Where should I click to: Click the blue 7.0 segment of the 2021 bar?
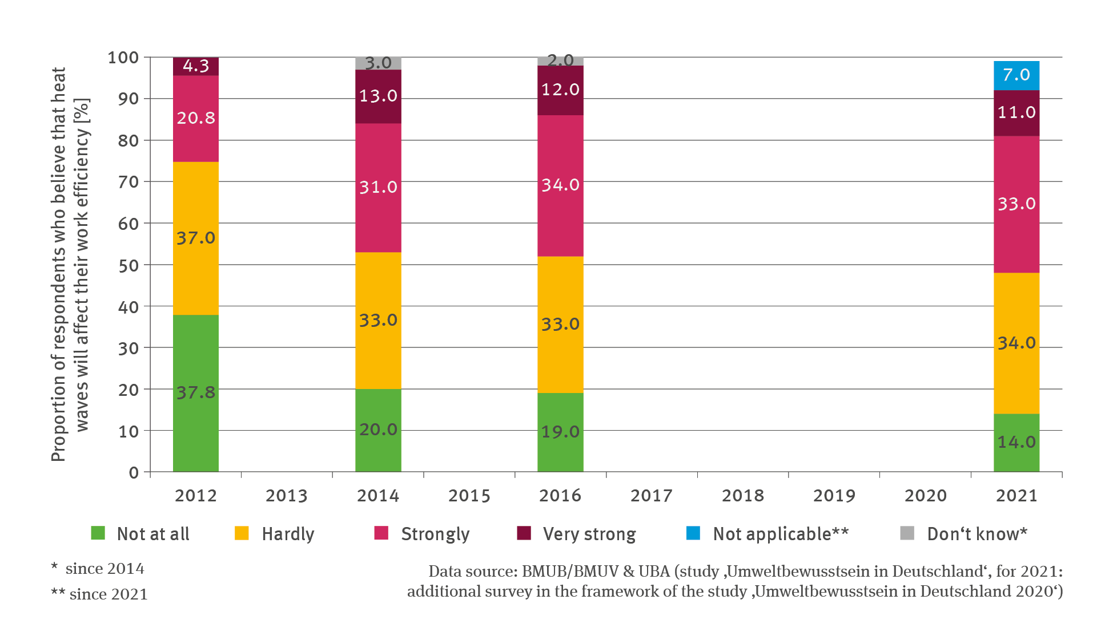[x=1016, y=75]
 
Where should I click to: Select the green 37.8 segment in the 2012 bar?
[x=195, y=392]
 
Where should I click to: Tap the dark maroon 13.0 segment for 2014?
[x=378, y=96]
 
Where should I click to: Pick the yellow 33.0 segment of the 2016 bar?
[x=560, y=324]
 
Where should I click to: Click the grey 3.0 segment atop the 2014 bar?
[x=378, y=63]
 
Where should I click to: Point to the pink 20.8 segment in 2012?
[x=195, y=118]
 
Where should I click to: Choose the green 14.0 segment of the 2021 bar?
[x=1016, y=442]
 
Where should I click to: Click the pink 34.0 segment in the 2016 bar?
[x=560, y=185]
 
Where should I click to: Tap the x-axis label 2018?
[x=742, y=496]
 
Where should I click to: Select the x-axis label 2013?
[x=287, y=496]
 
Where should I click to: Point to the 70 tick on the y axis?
[x=128, y=182]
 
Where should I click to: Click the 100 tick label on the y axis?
[x=123, y=58]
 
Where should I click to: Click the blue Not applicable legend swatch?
[x=693, y=533]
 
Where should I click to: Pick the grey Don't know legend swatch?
[x=907, y=533]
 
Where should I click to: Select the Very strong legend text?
[x=589, y=534]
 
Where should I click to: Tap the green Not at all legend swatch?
[x=98, y=533]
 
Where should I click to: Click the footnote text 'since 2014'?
[x=105, y=569]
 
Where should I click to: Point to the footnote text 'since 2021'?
[x=109, y=594]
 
